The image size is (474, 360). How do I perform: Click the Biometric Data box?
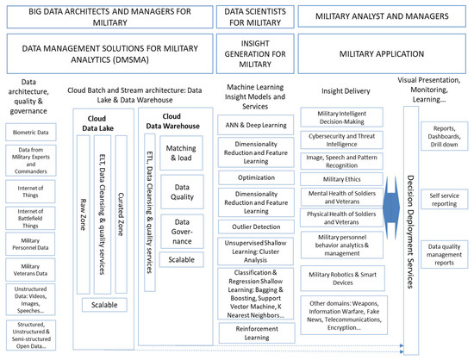32,133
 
